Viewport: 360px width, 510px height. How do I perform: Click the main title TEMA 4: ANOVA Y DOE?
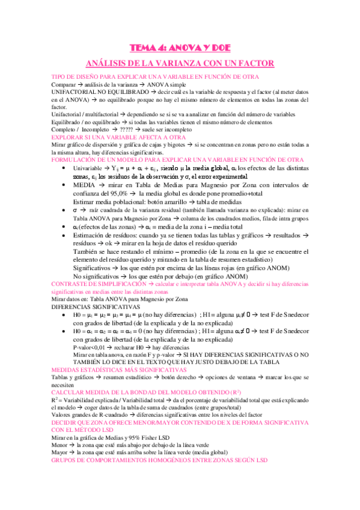(180, 49)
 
